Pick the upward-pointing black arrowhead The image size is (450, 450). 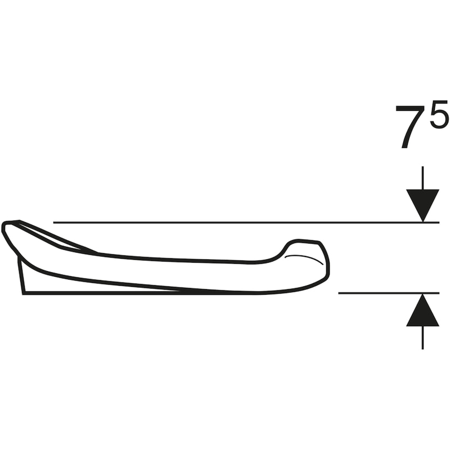[422, 312]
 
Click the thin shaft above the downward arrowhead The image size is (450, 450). [422, 177]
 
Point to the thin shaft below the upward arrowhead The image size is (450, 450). [422, 337]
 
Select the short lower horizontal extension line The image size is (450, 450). [382, 293]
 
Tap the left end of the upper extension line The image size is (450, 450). [55, 223]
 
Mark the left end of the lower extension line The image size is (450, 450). [339, 293]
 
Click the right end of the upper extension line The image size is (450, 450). [438, 223]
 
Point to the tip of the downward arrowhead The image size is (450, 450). [422, 221]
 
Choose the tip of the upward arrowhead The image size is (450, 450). [422, 295]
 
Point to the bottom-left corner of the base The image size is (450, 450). [24, 292]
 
